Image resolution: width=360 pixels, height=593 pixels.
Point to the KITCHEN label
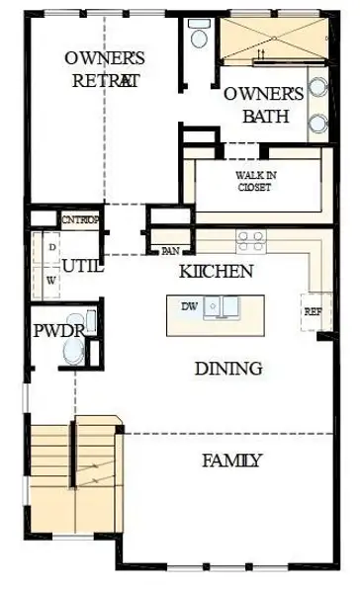point(216,271)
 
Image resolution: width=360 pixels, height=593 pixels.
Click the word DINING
point(227,369)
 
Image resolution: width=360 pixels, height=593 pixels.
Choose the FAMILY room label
point(232,460)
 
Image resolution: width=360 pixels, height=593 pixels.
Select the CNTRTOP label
point(81,220)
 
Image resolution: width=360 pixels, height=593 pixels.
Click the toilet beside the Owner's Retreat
point(200,37)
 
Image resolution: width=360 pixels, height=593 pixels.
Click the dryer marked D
point(49,245)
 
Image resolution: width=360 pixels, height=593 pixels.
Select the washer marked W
point(49,280)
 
